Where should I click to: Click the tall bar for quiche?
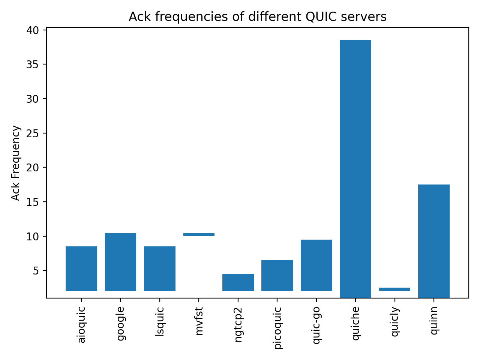[355, 169]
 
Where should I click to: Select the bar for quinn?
[433, 241]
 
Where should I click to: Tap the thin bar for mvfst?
[199, 234]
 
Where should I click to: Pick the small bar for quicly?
[394, 289]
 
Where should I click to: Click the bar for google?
[120, 262]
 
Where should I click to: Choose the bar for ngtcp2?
[238, 282]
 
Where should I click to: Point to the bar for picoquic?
[277, 275]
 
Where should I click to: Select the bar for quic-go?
[316, 265]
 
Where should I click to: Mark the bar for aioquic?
[81, 268]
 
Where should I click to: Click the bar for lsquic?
[160, 268]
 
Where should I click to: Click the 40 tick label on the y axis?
[33, 30]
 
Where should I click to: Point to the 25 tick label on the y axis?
[33, 133]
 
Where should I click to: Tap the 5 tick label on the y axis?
[36, 271]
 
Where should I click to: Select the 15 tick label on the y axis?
[33, 202]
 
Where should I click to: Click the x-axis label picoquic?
[277, 328]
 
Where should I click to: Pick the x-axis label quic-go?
[316, 325]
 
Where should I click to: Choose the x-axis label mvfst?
[199, 321]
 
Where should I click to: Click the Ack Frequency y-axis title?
[16, 163]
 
